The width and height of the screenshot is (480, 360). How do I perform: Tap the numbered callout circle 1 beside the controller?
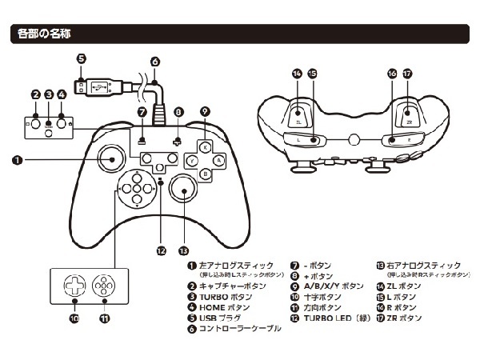click(x=17, y=160)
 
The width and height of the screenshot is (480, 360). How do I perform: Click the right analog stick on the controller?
click(x=183, y=192)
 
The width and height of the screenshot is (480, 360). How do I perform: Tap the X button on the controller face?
click(x=205, y=147)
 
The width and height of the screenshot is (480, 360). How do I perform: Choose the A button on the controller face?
click(x=218, y=160)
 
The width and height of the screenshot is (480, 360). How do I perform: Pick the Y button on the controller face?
click(x=192, y=160)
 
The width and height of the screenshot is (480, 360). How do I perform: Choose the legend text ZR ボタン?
click(x=403, y=318)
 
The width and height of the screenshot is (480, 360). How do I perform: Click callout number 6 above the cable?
click(x=154, y=60)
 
